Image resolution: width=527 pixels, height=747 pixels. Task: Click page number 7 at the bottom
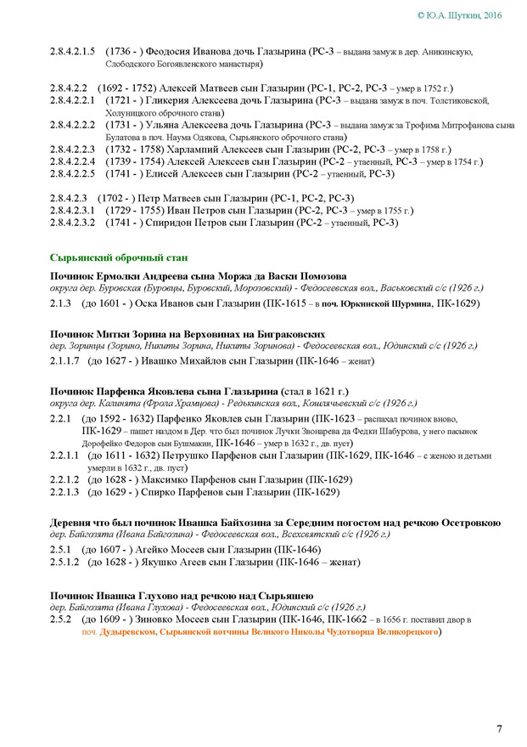tap(499, 728)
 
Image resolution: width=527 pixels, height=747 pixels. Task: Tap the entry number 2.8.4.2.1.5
tap(73, 51)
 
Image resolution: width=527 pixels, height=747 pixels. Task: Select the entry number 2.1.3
tap(60, 302)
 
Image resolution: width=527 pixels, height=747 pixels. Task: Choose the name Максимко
tap(158, 479)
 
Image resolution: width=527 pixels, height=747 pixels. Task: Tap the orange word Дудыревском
tap(128, 633)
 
